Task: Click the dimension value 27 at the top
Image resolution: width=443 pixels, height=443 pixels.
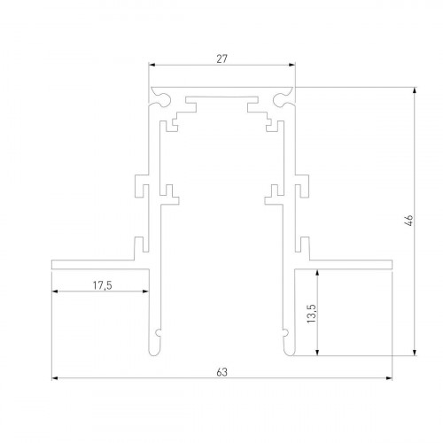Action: (221, 58)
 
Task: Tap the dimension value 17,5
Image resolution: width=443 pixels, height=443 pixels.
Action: (102, 284)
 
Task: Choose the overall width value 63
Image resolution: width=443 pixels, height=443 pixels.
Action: (221, 372)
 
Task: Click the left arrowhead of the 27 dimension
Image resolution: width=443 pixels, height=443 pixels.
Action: (152, 66)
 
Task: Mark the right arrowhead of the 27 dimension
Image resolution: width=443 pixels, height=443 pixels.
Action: (291, 66)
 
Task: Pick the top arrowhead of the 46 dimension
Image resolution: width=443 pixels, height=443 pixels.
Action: (416, 89)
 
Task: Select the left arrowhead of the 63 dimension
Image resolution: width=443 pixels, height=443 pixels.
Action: (55, 378)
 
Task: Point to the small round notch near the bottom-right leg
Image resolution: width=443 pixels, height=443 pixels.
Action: (285, 334)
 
